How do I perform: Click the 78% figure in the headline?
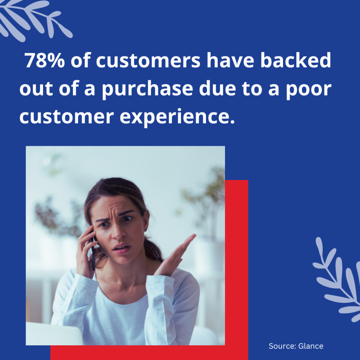click(45, 60)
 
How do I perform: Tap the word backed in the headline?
click(296, 60)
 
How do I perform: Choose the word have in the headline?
click(230, 60)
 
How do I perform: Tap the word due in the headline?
click(217, 88)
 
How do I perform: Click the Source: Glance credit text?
click(296, 346)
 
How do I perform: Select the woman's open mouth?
click(122, 249)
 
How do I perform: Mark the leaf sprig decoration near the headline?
click(34, 20)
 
